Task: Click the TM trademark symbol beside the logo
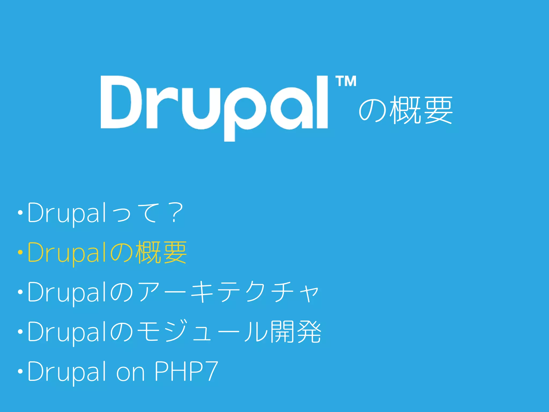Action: [x=346, y=82]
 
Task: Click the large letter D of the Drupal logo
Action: [x=121, y=102]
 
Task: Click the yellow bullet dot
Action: [x=20, y=252]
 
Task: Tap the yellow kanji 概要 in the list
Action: [x=161, y=252]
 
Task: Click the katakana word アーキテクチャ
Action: [x=228, y=292]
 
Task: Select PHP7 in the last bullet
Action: [x=186, y=371]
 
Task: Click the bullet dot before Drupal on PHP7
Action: [x=20, y=371]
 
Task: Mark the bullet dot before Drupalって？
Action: [x=20, y=213]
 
